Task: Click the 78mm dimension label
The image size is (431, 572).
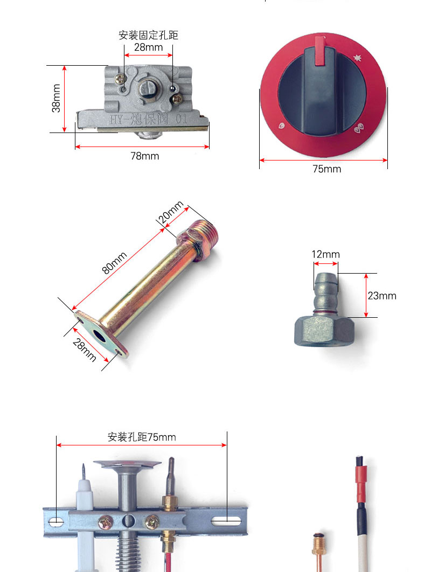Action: pyautogui.click(x=144, y=156)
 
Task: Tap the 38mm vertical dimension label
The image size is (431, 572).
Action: pyautogui.click(x=56, y=98)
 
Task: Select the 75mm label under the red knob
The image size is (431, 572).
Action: pyautogui.click(x=326, y=169)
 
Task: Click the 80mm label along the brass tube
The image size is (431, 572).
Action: pyautogui.click(x=114, y=262)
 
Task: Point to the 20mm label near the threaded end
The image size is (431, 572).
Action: pyautogui.click(x=170, y=212)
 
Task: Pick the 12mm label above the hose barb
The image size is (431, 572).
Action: pyautogui.click(x=325, y=254)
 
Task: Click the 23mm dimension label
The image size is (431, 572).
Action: pyautogui.click(x=382, y=296)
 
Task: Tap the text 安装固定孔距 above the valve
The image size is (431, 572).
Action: pyautogui.click(x=148, y=35)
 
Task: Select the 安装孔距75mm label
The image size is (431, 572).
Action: pyautogui.click(x=142, y=437)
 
